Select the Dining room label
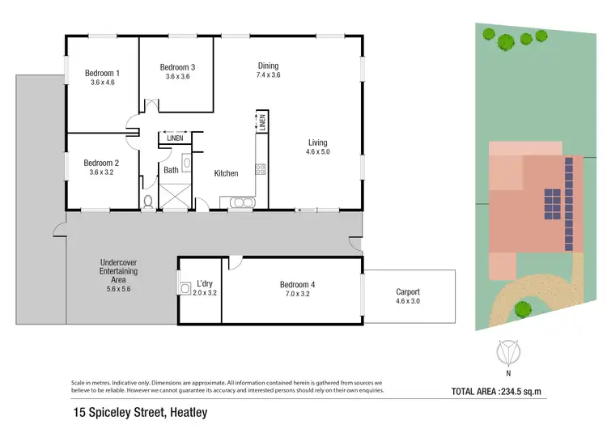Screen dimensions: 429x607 point(268,66)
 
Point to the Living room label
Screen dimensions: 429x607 point(316,142)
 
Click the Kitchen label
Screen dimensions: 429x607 point(226,173)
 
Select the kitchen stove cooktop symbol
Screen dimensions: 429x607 point(261,169)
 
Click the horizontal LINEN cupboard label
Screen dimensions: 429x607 point(174,138)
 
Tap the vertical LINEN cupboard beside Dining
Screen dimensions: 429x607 point(262,122)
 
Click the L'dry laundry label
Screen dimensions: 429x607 point(198,284)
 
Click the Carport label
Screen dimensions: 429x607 point(408,292)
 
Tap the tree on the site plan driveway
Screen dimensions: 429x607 point(523,308)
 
